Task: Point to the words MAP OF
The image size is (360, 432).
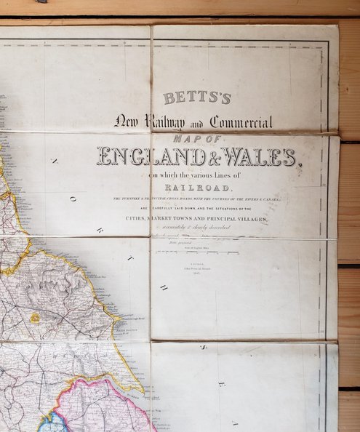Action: pyautogui.click(x=197, y=138)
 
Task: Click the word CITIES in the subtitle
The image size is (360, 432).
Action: pyautogui.click(x=139, y=219)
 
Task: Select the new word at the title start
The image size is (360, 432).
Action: pyautogui.click(x=124, y=121)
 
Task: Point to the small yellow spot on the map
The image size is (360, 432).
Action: pyautogui.click(x=34, y=318)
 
